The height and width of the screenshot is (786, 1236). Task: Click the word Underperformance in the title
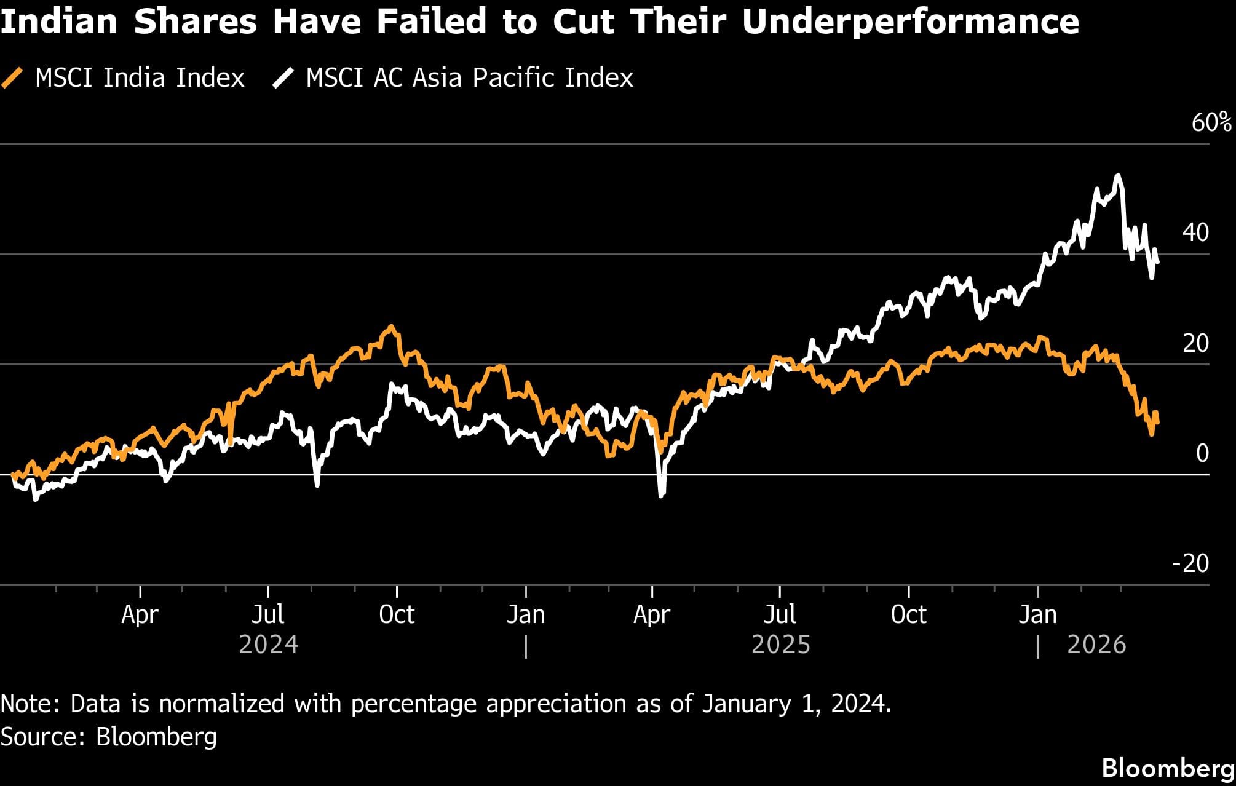click(910, 22)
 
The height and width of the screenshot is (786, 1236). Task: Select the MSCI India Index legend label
click(140, 78)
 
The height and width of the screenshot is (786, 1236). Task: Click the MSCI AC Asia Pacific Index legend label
click(469, 78)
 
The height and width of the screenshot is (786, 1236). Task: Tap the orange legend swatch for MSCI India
click(13, 78)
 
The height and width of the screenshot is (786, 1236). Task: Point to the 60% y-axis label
click(1211, 122)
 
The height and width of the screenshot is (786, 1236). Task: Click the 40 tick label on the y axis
click(1195, 232)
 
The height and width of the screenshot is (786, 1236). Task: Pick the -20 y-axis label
click(1190, 563)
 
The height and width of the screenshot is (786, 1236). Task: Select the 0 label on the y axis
click(1202, 453)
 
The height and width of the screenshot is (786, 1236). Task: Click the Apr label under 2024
click(140, 614)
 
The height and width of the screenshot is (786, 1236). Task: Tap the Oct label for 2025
click(908, 614)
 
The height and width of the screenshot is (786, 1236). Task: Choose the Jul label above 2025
click(780, 614)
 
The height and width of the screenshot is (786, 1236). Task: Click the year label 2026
click(1096, 645)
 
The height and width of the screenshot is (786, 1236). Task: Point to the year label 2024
click(268, 645)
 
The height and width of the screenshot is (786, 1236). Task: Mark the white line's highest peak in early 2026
click(1117, 176)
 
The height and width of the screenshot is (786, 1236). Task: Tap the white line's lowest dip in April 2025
click(661, 496)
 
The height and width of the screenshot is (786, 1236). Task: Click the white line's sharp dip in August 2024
click(317, 485)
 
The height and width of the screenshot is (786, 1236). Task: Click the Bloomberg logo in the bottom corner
click(1168, 768)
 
